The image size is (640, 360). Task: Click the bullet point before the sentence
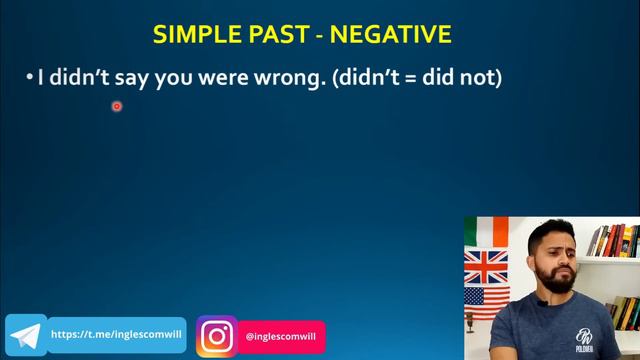30,77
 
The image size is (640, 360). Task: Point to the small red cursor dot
116,106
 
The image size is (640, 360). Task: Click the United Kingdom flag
486,267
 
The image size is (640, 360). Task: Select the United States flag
486,303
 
